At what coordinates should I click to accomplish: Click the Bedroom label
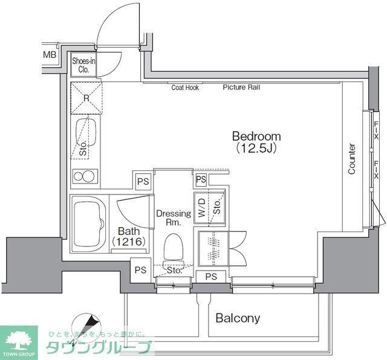pyautogui.click(x=256, y=137)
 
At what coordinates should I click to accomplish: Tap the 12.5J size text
pyautogui.click(x=256, y=148)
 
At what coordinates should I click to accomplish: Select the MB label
pyautogui.click(x=50, y=55)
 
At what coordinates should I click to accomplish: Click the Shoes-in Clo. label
pyautogui.click(x=83, y=65)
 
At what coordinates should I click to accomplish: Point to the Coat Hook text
pyautogui.click(x=185, y=88)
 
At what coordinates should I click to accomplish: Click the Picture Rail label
pyautogui.click(x=241, y=88)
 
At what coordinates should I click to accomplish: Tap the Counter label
pyautogui.click(x=352, y=159)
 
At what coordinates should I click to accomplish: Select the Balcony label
pyautogui.click(x=238, y=318)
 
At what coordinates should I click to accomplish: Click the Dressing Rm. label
pyautogui.click(x=174, y=217)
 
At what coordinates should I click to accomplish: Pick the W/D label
pyautogui.click(x=201, y=208)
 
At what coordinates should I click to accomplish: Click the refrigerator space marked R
pyautogui.click(x=86, y=98)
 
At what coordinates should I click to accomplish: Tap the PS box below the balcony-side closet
pyautogui.click(x=211, y=277)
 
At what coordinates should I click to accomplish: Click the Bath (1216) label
pyautogui.click(x=128, y=236)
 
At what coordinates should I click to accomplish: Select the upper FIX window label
pyautogui.click(x=376, y=130)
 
